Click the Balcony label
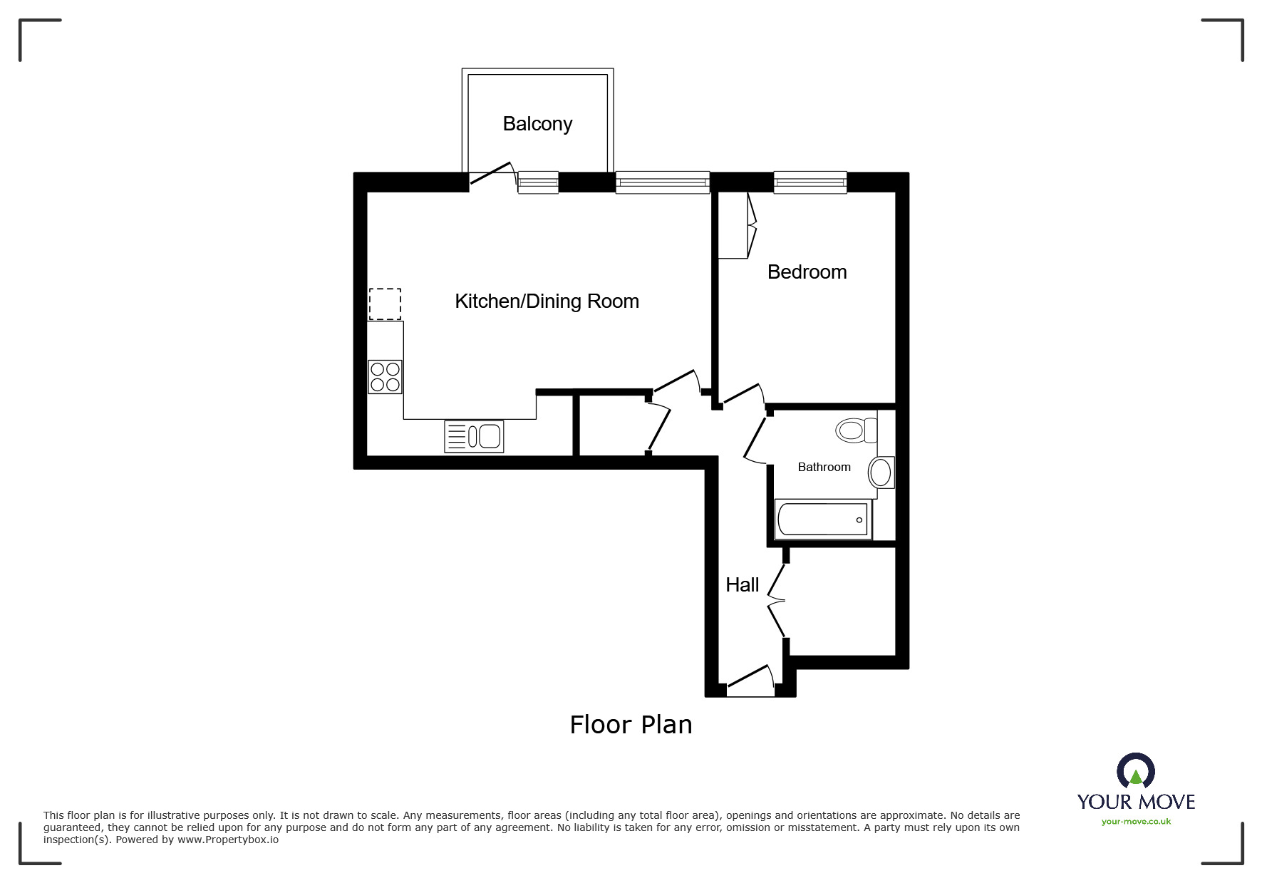(x=537, y=124)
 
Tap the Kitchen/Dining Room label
(x=547, y=301)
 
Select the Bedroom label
(x=807, y=272)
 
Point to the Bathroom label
(x=824, y=468)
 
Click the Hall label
(x=742, y=585)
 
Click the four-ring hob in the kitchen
(x=385, y=377)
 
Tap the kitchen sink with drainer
(x=474, y=436)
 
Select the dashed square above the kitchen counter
(x=385, y=304)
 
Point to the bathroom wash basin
(x=881, y=472)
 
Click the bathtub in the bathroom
(x=823, y=520)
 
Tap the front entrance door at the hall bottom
(x=750, y=681)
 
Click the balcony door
(x=491, y=177)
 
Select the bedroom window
(x=810, y=182)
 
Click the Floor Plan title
(x=631, y=725)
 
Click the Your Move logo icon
(x=1135, y=771)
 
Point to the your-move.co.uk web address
(x=1136, y=822)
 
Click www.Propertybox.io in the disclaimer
(x=228, y=840)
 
